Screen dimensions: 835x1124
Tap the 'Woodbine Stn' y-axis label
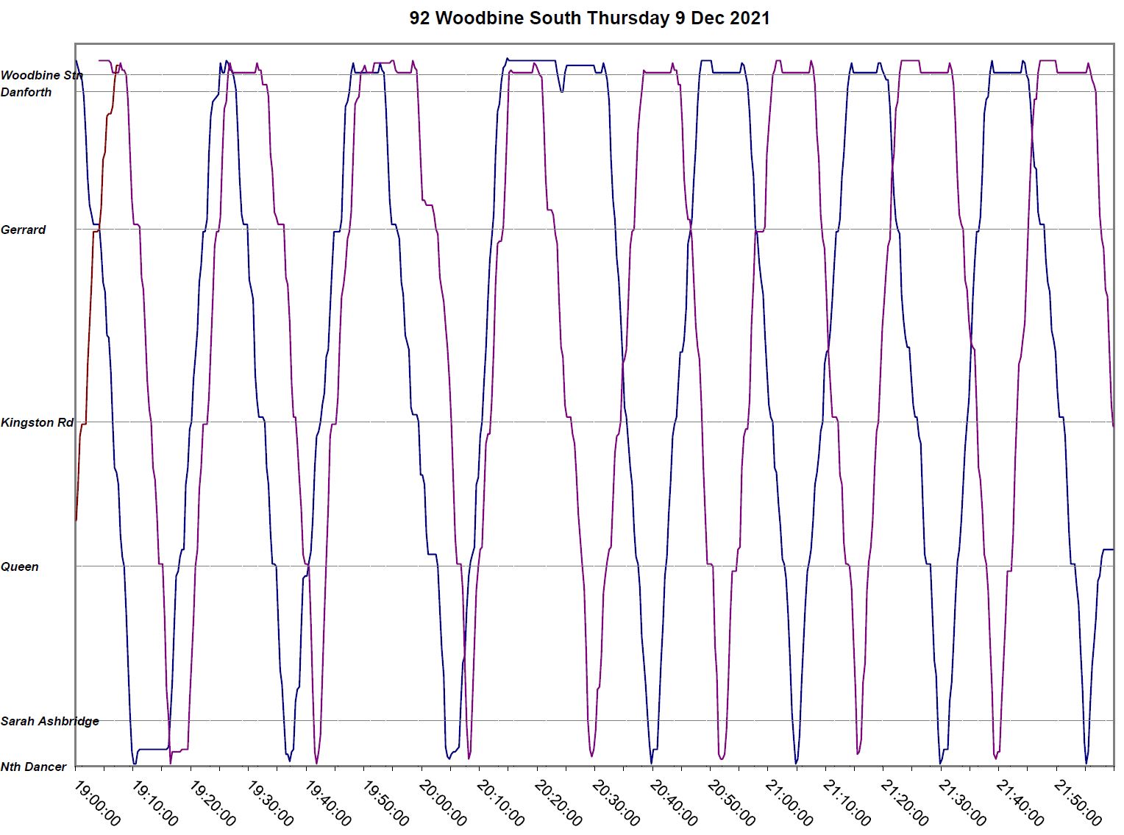pyautogui.click(x=41, y=75)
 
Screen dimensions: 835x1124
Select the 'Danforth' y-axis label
pyautogui.click(x=26, y=92)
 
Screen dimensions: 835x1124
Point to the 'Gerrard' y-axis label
pyautogui.click(x=23, y=230)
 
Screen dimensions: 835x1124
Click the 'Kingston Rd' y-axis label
pyautogui.click(x=37, y=422)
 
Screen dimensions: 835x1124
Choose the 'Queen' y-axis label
pyautogui.click(x=20, y=566)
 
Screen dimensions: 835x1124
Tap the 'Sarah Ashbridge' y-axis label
pyautogui.click(x=50, y=721)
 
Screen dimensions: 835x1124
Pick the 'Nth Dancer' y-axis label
pyautogui.click(x=34, y=767)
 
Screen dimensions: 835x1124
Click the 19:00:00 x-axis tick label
pyautogui.click(x=96, y=803)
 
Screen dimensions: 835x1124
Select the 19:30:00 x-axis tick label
pyautogui.click(x=270, y=803)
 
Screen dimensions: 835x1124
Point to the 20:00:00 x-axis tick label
pyautogui.click(x=443, y=803)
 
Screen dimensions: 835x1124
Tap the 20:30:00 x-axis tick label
pyautogui.click(x=616, y=803)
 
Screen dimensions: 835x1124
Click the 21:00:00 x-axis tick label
pyautogui.click(x=789, y=803)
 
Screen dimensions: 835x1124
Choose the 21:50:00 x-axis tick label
pyautogui.click(x=1078, y=803)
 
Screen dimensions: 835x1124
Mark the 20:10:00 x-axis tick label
pyautogui.click(x=500, y=803)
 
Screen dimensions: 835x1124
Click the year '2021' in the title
pyautogui.click(x=750, y=18)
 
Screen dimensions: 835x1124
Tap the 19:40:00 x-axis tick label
pyautogui.click(x=327, y=803)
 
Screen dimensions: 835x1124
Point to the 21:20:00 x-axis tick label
pyautogui.click(x=905, y=803)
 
